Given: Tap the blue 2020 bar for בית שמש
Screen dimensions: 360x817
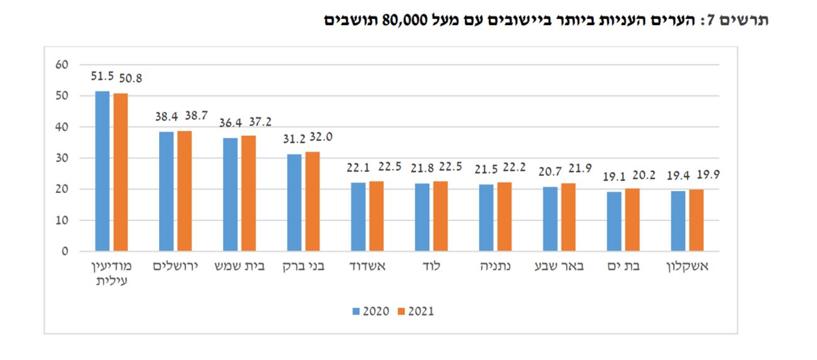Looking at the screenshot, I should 230,195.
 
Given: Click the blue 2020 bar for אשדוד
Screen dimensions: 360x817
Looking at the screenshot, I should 358,217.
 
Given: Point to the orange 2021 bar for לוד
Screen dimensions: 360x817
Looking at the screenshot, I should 441,216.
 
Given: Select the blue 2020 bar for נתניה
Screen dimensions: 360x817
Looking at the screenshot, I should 486,217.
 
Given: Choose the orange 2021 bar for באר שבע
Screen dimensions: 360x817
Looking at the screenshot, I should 568,217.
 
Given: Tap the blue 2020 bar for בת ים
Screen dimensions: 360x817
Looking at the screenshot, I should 613,221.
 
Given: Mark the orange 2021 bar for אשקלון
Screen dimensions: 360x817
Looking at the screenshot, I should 696,220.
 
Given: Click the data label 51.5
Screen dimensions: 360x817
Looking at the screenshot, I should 102,77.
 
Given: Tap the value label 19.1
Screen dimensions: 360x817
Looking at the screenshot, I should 613,177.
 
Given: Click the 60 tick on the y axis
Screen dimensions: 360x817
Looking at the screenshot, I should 62,65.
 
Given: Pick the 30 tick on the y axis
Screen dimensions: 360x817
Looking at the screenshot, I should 62,158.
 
